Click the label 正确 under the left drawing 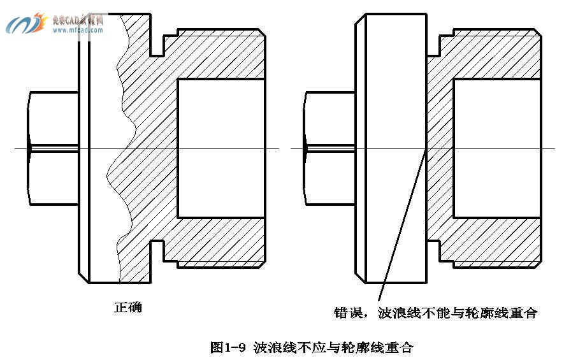tap(128, 307)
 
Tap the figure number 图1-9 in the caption tap(228, 348)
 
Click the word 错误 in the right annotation tap(348, 313)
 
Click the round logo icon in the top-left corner tap(25, 24)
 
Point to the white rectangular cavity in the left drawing tap(220, 148)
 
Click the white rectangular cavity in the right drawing tap(497, 148)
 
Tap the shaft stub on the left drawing tap(54, 148)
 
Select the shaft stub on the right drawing tap(329, 148)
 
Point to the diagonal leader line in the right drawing tap(401, 223)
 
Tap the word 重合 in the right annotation tap(523, 313)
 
